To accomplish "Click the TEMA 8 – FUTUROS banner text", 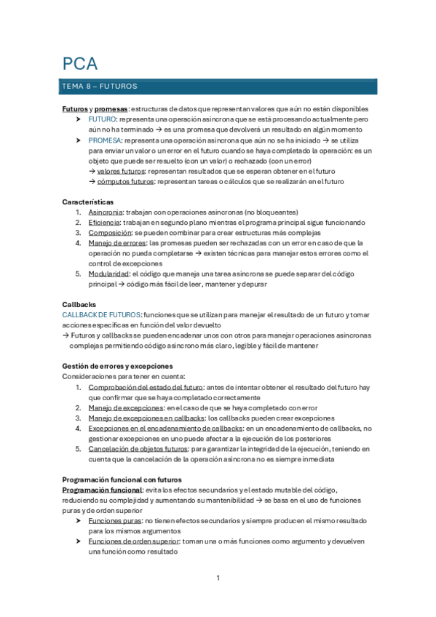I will (100, 86).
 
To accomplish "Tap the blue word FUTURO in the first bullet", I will (102, 119).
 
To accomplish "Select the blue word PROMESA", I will (105, 140).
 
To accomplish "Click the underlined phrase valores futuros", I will (121, 171).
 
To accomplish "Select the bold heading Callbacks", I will (79, 304).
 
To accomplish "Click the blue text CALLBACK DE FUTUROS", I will (101, 314).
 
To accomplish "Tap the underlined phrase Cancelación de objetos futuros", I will (138, 449).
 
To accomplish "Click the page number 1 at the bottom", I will (218, 578).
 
